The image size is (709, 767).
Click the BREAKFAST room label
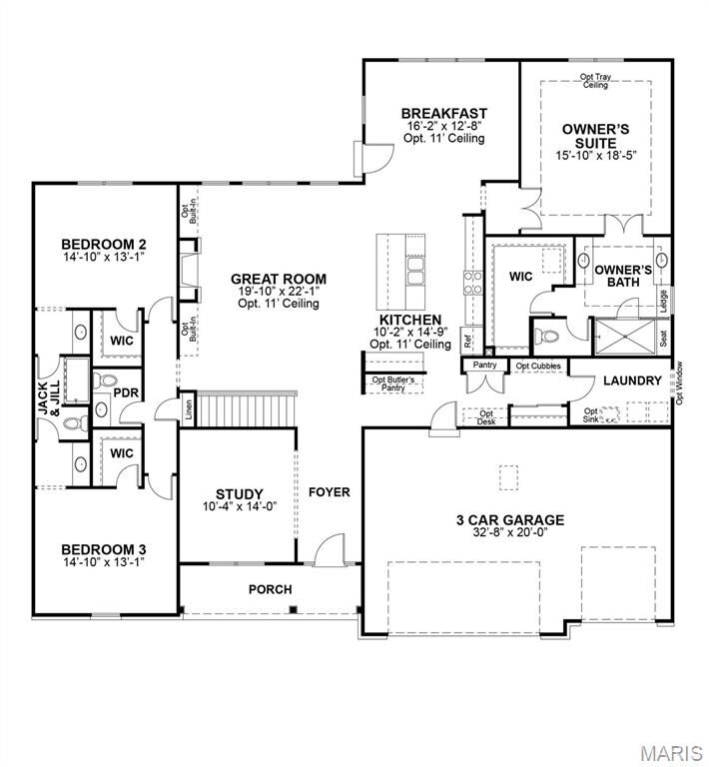tap(443, 113)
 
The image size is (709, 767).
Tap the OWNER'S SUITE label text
tap(595, 136)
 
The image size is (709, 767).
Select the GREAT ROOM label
tap(279, 279)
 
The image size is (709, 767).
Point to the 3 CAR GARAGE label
tap(510, 519)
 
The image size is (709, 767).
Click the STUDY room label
tap(240, 494)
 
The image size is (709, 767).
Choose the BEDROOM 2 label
tap(104, 244)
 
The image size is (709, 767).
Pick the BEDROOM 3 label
tap(104, 548)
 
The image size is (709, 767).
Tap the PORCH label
tap(270, 589)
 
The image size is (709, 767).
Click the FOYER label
tap(328, 492)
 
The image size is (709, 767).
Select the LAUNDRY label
tap(632, 381)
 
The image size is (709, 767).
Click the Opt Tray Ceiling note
tap(595, 81)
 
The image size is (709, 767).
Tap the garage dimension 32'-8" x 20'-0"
tap(510, 533)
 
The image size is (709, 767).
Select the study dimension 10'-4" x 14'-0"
tap(240, 507)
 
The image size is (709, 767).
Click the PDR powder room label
tap(125, 392)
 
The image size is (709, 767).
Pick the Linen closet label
tap(187, 407)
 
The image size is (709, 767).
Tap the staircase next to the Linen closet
tap(245, 407)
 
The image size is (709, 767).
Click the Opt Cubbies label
tap(537, 367)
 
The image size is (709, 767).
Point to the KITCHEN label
tap(409, 320)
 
